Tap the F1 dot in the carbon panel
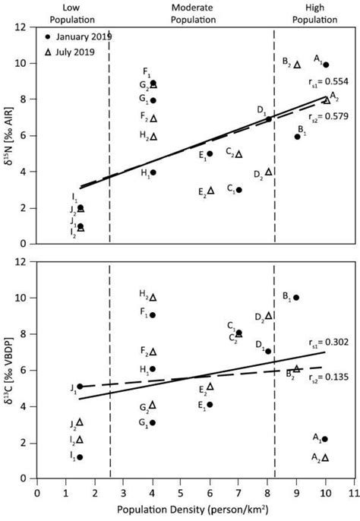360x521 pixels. tap(153, 314)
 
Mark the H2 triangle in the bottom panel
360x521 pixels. tap(153, 298)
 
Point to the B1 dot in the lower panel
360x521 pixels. tap(296, 298)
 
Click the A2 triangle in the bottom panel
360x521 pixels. tap(326, 457)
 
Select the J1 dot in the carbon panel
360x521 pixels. tap(81, 387)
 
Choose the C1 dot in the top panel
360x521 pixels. tap(238, 190)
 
